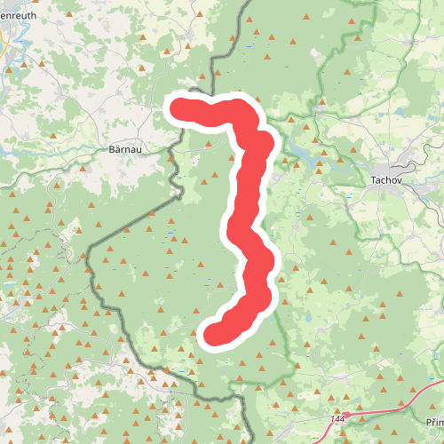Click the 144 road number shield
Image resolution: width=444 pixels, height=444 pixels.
337,416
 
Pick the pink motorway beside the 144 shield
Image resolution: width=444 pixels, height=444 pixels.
373,410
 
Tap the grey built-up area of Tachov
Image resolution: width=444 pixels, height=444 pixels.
400,165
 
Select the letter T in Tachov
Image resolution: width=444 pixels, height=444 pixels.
372,178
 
